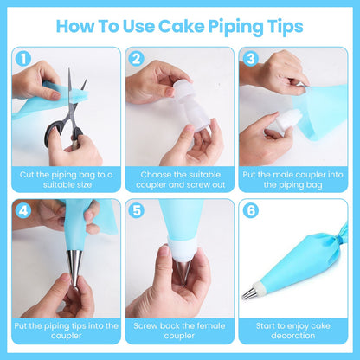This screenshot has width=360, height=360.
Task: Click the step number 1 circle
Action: coord(22,60)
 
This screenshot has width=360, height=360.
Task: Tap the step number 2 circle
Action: coord(136,60)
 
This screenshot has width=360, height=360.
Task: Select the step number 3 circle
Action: coord(250,60)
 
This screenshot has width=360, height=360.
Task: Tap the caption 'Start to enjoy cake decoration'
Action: coord(293,331)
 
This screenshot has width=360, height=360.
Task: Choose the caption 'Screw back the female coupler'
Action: coord(179,331)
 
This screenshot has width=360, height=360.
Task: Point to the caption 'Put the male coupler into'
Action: coord(293,179)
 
